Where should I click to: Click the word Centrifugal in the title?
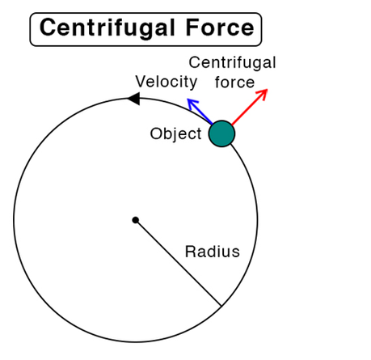(x=108, y=28)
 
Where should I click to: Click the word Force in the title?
(x=220, y=28)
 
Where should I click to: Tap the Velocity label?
(x=167, y=82)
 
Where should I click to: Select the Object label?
(x=175, y=134)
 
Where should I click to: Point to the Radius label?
(x=213, y=252)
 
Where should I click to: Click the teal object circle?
(x=221, y=133)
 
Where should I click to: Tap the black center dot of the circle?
(x=136, y=220)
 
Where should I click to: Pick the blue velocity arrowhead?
(x=192, y=104)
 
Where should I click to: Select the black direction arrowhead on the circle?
(x=133, y=99)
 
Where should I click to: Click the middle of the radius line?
(x=179, y=263)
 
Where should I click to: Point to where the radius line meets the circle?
(x=221, y=306)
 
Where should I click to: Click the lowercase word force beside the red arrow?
(x=234, y=82)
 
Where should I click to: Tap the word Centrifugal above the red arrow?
(x=232, y=63)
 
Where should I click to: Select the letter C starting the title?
(x=48, y=28)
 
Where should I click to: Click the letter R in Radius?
(x=191, y=252)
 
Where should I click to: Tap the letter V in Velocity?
(x=141, y=81)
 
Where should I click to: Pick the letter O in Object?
(x=156, y=133)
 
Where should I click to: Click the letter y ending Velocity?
(x=193, y=83)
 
